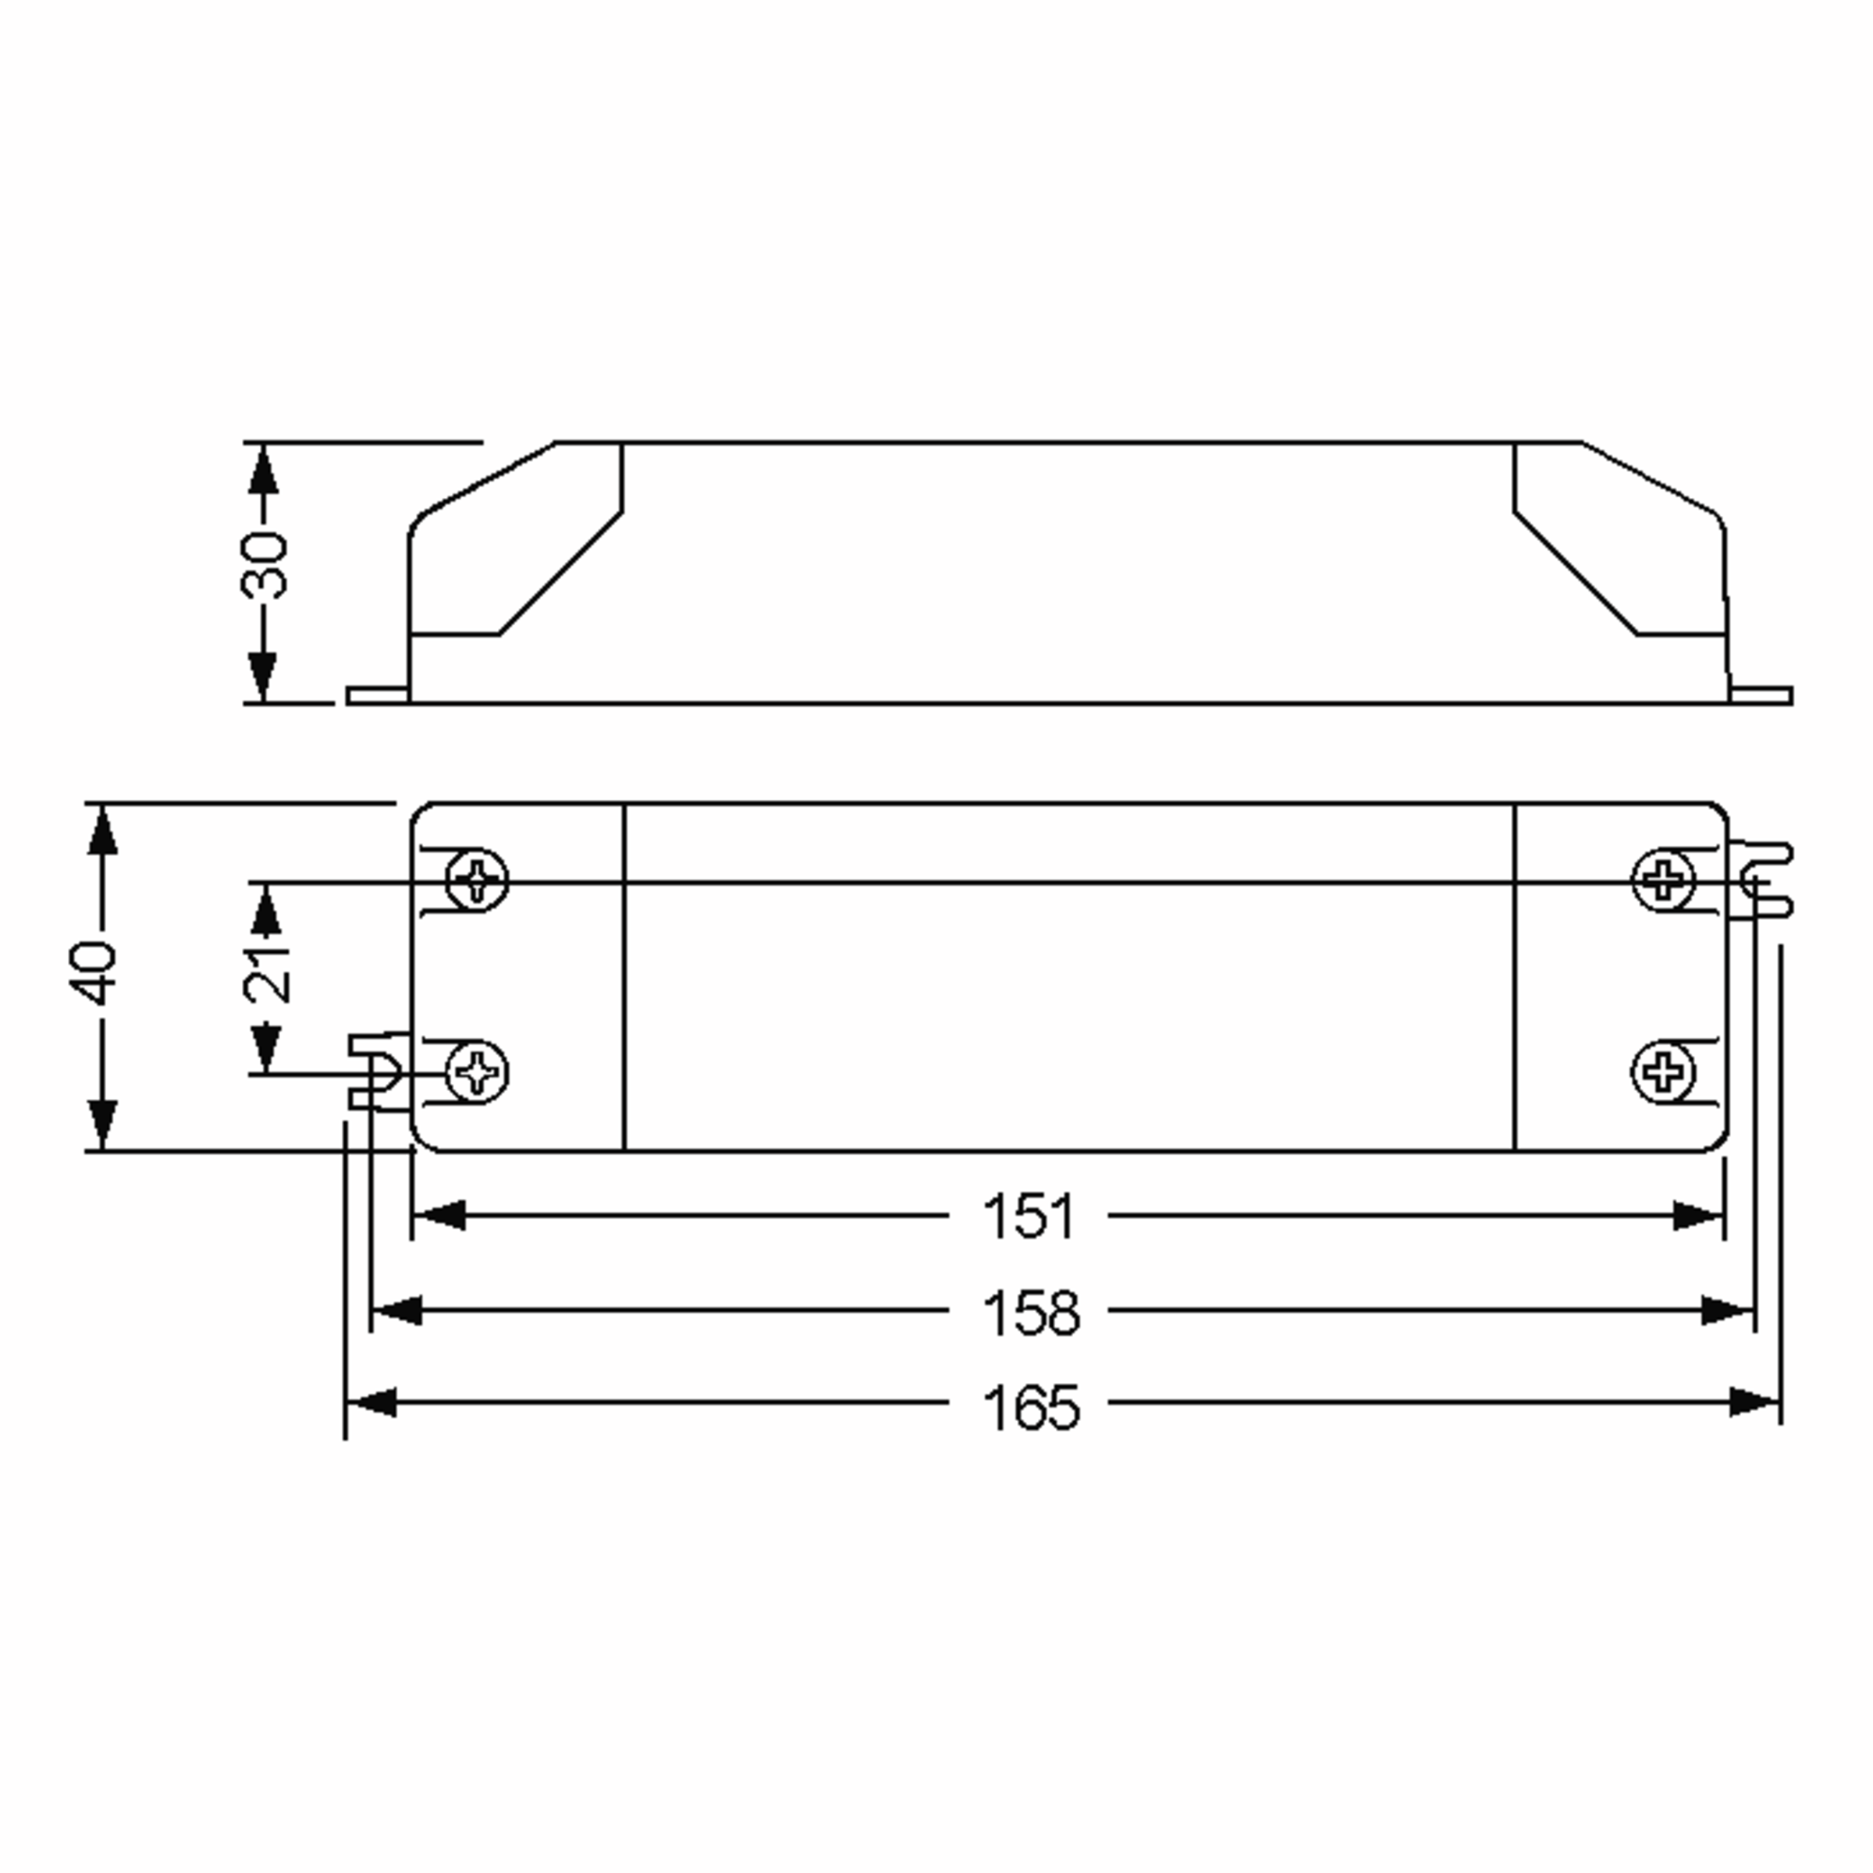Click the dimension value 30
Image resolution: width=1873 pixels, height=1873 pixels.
[264, 564]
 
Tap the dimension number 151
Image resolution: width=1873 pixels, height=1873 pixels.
[1029, 1217]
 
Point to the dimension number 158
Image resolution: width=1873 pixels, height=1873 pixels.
[1030, 1313]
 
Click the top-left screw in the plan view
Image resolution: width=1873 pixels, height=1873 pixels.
[476, 880]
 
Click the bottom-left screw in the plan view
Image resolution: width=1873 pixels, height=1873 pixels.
[476, 1072]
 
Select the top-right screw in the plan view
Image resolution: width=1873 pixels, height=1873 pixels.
[1664, 880]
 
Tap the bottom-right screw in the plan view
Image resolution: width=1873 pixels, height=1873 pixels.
[1664, 1072]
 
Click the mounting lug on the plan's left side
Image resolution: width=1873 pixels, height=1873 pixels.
[378, 1072]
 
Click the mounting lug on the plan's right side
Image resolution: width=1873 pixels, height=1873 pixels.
[1760, 880]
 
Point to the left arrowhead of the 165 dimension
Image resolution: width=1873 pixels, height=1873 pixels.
[372, 1402]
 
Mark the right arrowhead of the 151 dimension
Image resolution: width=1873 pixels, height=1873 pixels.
[1697, 1216]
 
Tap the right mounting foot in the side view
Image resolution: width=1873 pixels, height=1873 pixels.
[1761, 696]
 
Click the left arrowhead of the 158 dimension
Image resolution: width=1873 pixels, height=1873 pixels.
[397, 1311]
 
